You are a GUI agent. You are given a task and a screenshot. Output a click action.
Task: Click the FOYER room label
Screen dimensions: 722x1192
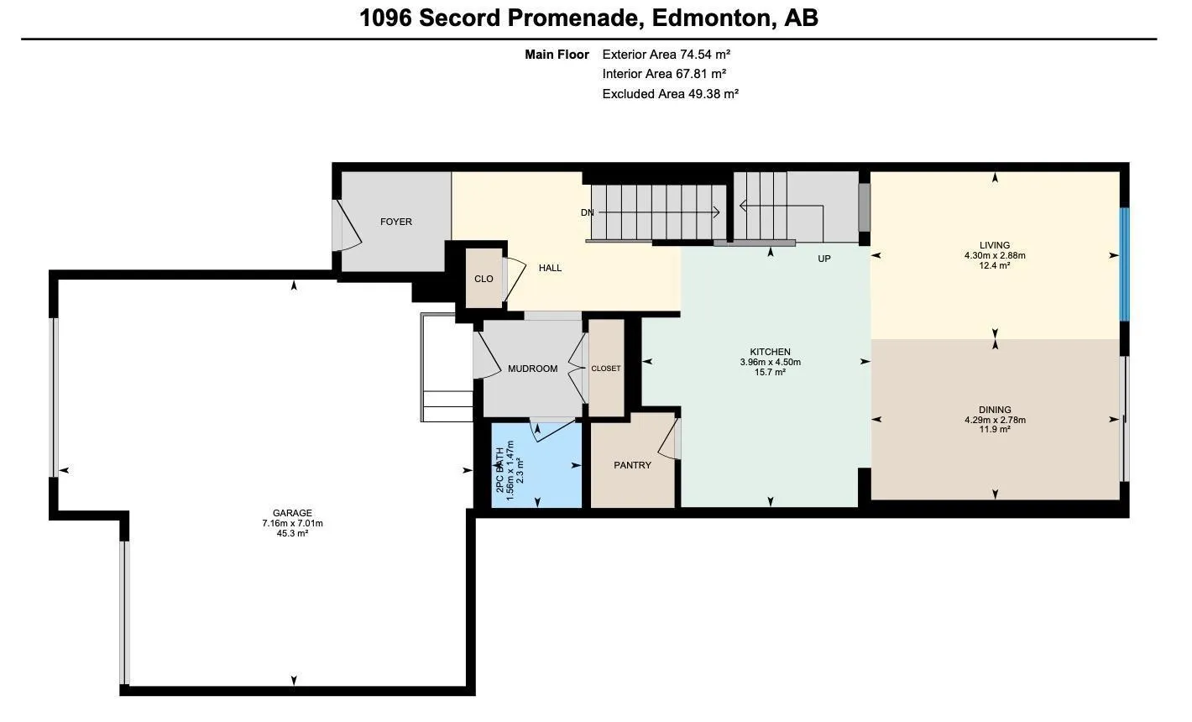[x=395, y=222]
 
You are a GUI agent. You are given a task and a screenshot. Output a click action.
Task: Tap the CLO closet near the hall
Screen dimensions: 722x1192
[x=484, y=279]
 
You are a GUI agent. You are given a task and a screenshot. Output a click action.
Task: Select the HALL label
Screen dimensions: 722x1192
[x=550, y=268]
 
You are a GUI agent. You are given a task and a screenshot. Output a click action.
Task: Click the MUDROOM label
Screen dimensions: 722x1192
[x=532, y=369]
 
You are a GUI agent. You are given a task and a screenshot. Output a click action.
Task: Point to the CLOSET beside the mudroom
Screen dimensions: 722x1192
[x=605, y=369]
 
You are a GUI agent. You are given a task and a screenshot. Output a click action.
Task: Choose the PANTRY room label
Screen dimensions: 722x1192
[x=632, y=465]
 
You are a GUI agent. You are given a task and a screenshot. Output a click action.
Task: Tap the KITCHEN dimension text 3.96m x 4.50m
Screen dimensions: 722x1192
[x=770, y=363]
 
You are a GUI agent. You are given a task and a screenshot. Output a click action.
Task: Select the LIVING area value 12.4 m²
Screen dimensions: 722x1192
[x=994, y=265]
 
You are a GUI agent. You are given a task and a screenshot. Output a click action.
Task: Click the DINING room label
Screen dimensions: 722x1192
[x=994, y=410]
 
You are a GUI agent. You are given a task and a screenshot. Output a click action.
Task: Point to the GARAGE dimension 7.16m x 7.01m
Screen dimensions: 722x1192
[x=292, y=523]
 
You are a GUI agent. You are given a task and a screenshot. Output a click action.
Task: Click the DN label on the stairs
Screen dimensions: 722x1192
[x=587, y=212]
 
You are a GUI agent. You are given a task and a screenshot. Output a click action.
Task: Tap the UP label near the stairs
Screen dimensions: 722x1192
[x=823, y=259]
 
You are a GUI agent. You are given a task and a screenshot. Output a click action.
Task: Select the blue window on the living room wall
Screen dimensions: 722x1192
[x=1124, y=264]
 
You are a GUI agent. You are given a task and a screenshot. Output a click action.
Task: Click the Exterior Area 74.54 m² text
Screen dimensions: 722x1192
[x=666, y=55]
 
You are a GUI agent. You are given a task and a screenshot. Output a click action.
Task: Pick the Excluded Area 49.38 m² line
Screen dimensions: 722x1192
[x=670, y=94]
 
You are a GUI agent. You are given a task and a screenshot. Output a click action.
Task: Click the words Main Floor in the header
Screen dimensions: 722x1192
[x=557, y=55]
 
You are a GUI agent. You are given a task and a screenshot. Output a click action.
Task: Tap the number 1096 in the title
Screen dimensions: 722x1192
[x=385, y=18]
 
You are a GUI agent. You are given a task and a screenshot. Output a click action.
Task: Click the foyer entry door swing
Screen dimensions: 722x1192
[x=347, y=225]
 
